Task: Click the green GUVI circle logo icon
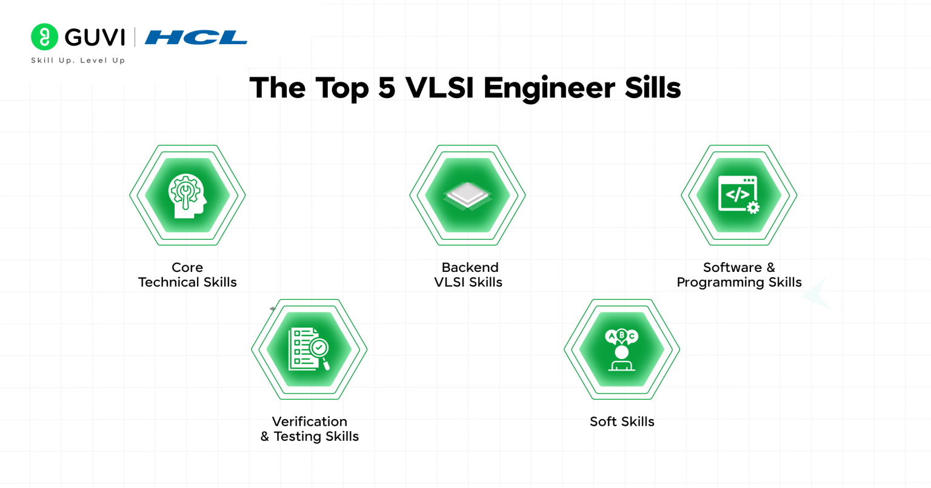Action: click(44, 37)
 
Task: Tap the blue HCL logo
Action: click(196, 38)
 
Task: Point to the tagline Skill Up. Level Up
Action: click(78, 61)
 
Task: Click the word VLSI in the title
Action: click(440, 88)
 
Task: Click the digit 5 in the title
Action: click(387, 88)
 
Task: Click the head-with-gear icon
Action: click(187, 195)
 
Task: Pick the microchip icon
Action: click(467, 196)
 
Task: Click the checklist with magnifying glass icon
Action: click(309, 349)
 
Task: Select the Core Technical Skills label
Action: click(187, 275)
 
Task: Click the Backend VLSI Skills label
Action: click(469, 275)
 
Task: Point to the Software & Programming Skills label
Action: click(739, 275)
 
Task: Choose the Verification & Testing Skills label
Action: click(310, 429)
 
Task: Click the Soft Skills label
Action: click(622, 421)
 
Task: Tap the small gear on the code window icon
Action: click(753, 208)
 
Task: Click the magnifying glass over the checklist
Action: click(319, 350)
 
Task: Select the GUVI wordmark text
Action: click(95, 38)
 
